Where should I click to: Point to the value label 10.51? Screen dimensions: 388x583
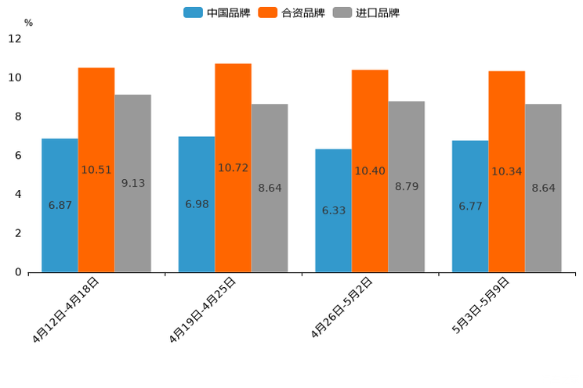pos(96,170)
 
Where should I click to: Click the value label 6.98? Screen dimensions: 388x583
pos(197,204)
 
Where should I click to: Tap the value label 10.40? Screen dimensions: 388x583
pos(370,171)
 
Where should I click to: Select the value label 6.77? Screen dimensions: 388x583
pos(470,207)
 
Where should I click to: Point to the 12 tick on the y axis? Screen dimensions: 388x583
pos(15,38)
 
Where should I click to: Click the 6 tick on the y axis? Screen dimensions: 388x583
pos(17,156)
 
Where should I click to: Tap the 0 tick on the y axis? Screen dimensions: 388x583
pos(17,272)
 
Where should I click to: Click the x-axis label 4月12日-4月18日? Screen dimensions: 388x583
pos(67,310)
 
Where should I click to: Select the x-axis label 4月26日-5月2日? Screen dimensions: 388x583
pos(342,308)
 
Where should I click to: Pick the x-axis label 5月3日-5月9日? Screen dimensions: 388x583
pos(481,306)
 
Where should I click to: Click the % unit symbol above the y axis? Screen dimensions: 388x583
pos(28,23)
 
